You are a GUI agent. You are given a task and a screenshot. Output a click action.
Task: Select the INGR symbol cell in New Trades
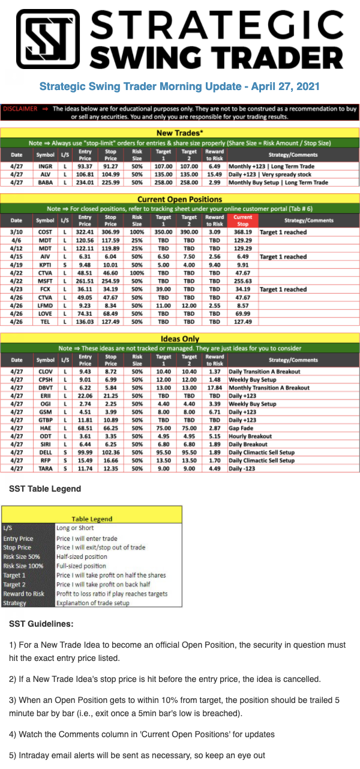pos(45,166)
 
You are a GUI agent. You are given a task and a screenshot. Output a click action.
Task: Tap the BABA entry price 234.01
pos(85,182)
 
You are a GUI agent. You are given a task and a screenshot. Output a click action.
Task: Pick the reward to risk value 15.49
pos(214,174)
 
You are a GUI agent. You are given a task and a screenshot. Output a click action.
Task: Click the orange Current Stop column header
pos(242,220)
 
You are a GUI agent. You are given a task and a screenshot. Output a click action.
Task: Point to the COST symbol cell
pos(45,232)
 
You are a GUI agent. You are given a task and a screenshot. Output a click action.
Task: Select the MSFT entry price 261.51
pos(85,281)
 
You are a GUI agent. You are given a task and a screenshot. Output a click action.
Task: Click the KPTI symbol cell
pos(45,265)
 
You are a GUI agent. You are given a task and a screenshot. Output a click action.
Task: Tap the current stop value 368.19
pos(242,232)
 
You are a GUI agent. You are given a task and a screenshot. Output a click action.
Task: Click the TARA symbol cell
pos(45,469)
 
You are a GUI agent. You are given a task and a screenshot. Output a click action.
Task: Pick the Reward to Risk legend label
pos(23,594)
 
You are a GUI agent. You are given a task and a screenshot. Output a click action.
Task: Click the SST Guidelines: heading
pos(41,624)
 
